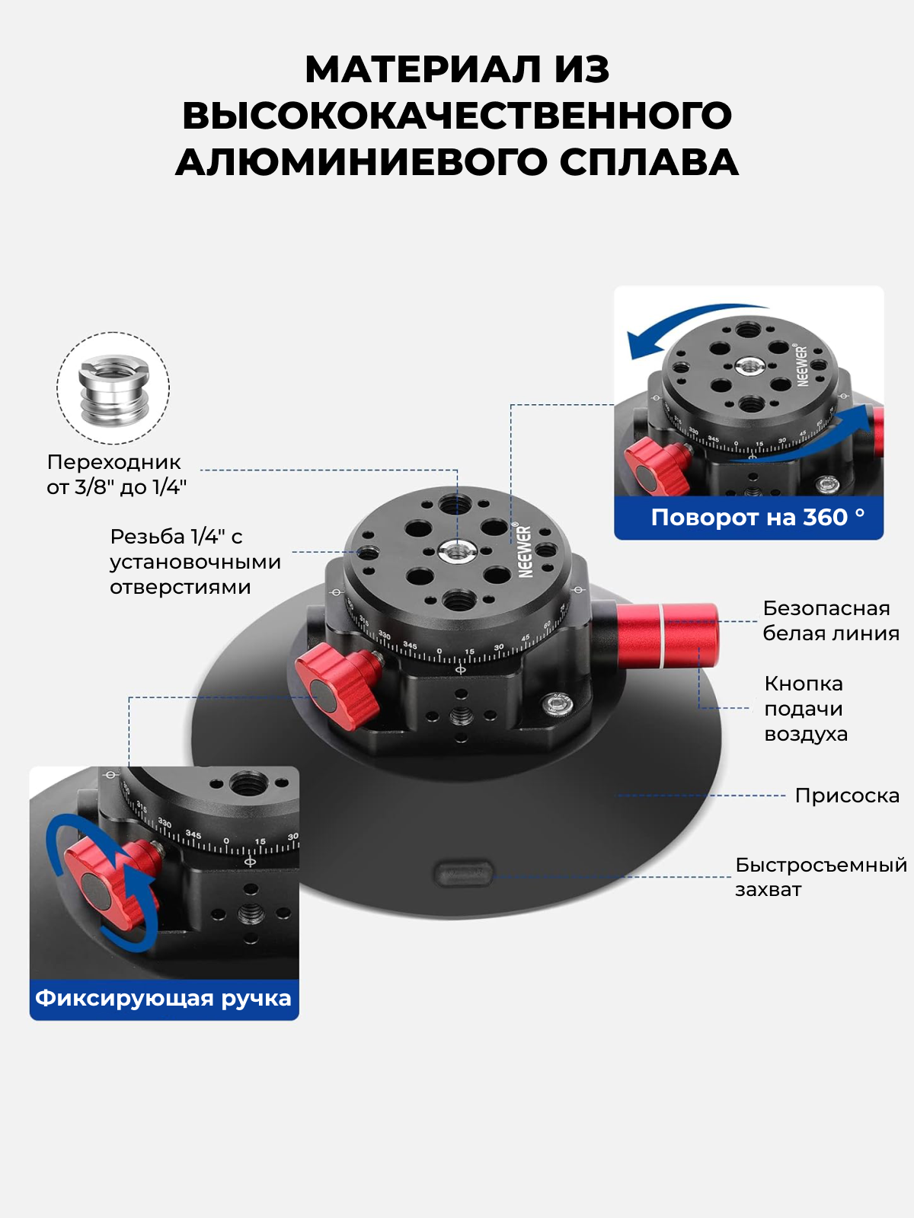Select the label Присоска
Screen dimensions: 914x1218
coord(847,796)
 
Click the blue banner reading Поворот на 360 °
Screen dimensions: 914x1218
coord(749,517)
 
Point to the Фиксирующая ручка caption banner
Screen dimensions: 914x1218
coord(165,998)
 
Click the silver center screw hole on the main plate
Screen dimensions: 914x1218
coord(457,551)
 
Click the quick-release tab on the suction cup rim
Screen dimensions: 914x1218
coord(463,874)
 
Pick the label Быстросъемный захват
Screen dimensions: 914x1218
coord(821,877)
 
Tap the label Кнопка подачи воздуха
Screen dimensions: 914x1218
coord(806,709)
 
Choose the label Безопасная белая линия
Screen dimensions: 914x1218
coord(831,621)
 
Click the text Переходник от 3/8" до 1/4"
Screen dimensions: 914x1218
coord(117,474)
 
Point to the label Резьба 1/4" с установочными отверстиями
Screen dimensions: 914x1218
coord(195,562)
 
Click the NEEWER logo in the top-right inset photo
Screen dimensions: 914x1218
coord(803,365)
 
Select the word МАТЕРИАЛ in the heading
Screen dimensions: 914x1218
coord(423,70)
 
